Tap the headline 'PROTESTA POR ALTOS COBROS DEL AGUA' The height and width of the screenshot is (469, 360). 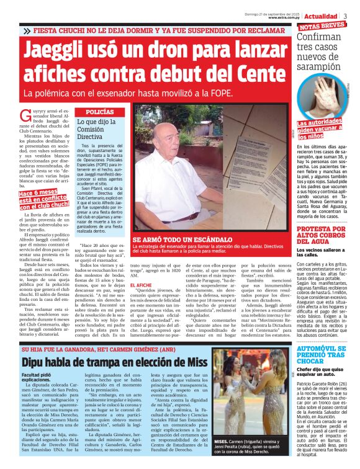click(321, 237)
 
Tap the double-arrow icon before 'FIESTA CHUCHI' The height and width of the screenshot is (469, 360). click(27, 30)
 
